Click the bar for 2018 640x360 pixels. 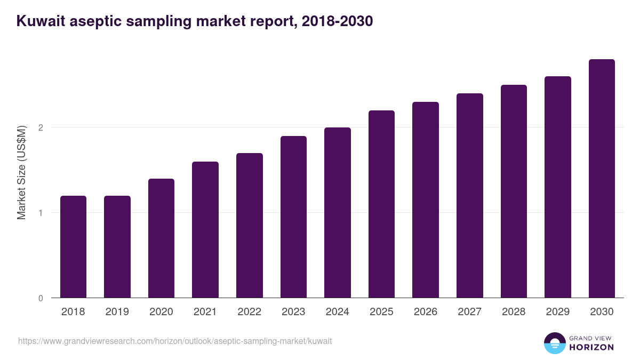click(73, 247)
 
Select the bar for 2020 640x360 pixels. click(161, 238)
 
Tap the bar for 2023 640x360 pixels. click(293, 217)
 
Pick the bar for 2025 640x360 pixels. click(381, 204)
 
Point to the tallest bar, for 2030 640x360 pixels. click(602, 179)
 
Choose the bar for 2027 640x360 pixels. click(470, 196)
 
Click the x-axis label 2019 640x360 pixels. click(117, 312)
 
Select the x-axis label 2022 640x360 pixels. click(249, 312)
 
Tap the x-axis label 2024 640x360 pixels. click(337, 312)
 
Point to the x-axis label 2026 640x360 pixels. click(426, 312)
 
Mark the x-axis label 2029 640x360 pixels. click(557, 312)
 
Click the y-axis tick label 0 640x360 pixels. click(41, 298)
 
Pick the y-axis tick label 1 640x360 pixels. click(41, 213)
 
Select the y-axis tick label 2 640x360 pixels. click(41, 127)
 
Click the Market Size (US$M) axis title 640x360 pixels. click(21, 172)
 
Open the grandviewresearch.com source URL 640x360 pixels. click(175, 341)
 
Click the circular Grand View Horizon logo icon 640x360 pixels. click(554, 343)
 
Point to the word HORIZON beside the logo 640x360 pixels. click(591, 347)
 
